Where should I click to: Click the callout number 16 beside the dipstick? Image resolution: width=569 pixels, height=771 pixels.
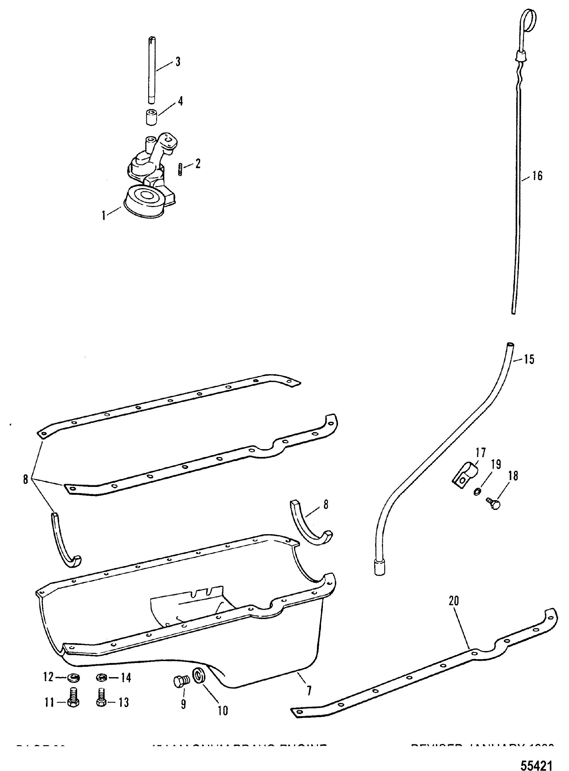[537, 176]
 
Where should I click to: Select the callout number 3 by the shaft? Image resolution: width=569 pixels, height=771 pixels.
[178, 62]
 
